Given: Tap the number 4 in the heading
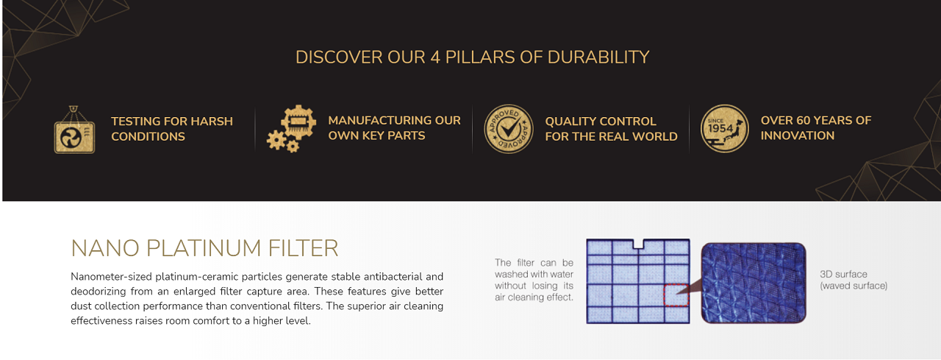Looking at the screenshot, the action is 435,57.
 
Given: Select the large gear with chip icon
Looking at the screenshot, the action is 298,122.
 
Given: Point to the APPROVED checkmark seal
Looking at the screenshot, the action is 509,129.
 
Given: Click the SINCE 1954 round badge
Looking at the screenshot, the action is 725,129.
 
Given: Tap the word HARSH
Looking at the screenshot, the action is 212,121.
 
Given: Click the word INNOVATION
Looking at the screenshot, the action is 798,136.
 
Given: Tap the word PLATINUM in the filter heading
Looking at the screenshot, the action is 204,248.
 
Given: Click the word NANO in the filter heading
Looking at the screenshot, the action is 105,248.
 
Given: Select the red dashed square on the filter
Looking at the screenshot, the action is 676,295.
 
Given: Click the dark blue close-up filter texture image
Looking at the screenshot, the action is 754,283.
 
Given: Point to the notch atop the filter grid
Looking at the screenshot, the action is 639,244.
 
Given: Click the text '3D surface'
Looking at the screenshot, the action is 843,274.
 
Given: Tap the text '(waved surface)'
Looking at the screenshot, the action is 854,286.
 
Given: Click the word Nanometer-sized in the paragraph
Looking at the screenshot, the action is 111,277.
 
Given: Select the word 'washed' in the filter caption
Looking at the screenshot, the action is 506,274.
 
